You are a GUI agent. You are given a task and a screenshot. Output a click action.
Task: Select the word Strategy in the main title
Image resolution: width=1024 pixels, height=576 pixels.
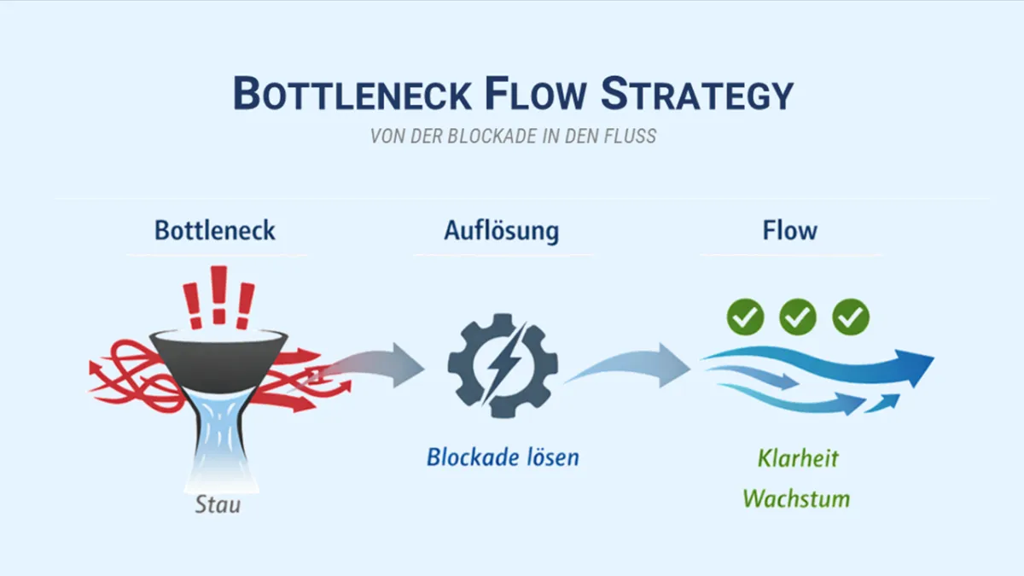click(x=698, y=93)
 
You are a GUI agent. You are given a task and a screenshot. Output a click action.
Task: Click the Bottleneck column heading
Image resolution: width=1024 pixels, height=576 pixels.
click(x=215, y=230)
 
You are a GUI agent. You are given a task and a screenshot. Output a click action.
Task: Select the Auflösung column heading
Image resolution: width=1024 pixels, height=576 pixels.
click(x=502, y=230)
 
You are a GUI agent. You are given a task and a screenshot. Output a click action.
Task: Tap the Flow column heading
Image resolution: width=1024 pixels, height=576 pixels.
click(x=789, y=230)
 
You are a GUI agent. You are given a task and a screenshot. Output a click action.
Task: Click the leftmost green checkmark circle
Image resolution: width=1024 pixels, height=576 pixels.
click(x=745, y=317)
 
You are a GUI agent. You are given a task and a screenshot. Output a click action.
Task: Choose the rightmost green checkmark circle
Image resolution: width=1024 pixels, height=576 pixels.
click(x=851, y=317)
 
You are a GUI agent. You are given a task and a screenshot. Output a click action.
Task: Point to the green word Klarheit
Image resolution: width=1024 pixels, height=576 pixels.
click(x=798, y=458)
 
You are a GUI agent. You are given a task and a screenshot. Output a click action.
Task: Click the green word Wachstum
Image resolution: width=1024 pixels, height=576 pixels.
click(x=796, y=497)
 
